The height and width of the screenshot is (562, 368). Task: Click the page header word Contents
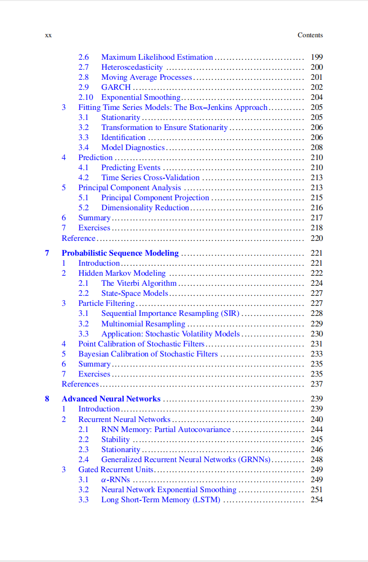310,35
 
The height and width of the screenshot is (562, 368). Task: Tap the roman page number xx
48,35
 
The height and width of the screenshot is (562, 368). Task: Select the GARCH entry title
116,87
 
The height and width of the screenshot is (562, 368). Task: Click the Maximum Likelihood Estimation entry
157,57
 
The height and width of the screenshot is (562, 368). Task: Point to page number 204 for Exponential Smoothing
316,97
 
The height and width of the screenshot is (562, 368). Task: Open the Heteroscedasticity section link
132,67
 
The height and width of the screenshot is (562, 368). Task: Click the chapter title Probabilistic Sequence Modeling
120,253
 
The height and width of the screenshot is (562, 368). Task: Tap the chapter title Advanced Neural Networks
111,399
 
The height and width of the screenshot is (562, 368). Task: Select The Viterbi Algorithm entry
139,283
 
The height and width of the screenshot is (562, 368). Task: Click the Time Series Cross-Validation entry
150,177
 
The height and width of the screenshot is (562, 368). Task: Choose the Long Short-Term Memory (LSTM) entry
161,499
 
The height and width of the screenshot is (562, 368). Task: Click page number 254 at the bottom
316,499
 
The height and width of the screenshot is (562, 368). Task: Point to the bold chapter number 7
47,253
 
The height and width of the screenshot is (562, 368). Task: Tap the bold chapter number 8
47,399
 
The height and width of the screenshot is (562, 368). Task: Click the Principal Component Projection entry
155,197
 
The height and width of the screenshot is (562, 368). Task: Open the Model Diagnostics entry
132,147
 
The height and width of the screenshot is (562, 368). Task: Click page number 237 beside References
316,384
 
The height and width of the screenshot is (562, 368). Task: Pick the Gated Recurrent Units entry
116,469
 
